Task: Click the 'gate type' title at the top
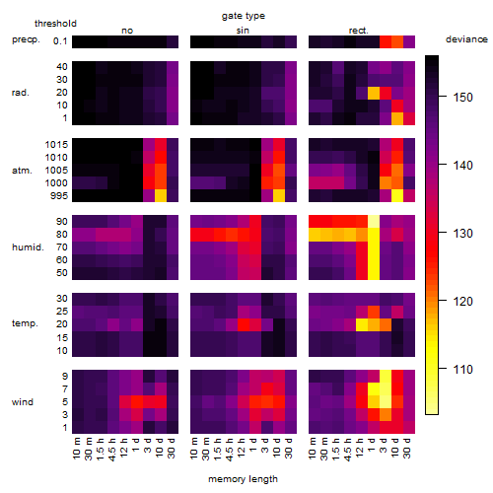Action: click(244, 16)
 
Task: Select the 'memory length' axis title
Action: click(243, 479)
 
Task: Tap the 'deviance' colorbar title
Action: click(466, 39)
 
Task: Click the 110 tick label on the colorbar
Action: click(463, 370)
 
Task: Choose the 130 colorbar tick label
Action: click(463, 234)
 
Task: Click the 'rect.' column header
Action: click(359, 31)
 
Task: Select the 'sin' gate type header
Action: click(243, 31)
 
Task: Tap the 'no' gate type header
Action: click(127, 31)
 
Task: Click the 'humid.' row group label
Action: click(28, 247)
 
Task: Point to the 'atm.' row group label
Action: click(22, 171)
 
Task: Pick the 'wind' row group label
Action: click(23, 402)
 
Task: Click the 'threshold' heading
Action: click(55, 24)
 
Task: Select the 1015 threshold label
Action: click(56, 145)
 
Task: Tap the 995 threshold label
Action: click(59, 196)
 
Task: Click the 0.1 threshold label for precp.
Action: click(60, 41)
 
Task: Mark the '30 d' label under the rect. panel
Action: click(407, 448)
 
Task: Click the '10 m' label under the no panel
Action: click(76, 448)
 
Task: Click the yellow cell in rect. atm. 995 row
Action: click(397, 196)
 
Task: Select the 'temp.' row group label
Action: click(25, 323)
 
